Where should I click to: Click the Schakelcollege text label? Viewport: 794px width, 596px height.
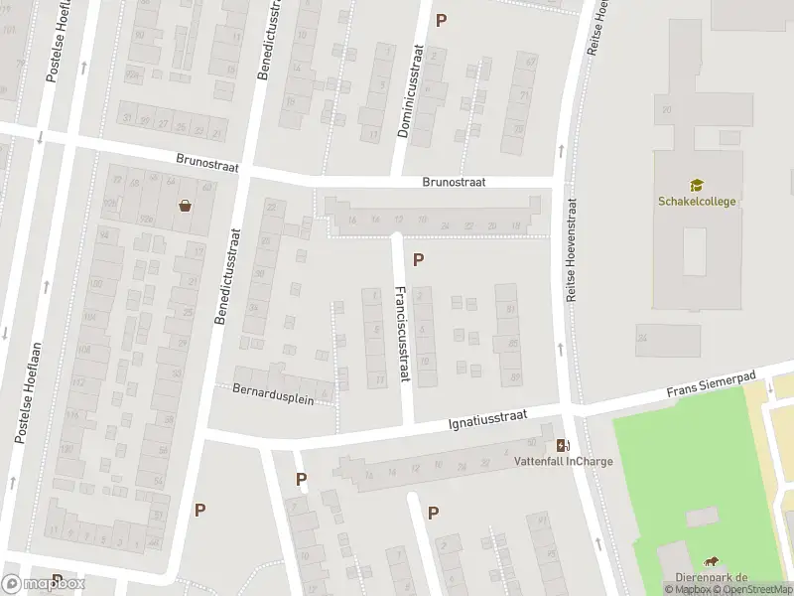click(x=697, y=201)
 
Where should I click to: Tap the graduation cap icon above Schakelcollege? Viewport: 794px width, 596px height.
click(x=697, y=185)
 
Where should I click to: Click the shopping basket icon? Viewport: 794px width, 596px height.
click(x=185, y=207)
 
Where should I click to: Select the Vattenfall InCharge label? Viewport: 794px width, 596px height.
click(x=563, y=461)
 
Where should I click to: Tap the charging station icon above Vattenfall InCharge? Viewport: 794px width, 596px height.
click(x=563, y=444)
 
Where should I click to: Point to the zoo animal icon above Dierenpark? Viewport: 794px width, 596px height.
click(x=711, y=562)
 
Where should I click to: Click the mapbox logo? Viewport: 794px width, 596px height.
click(x=43, y=584)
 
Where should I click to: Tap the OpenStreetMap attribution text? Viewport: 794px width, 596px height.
click(x=755, y=590)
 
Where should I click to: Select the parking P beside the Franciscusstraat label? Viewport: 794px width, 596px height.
click(x=419, y=260)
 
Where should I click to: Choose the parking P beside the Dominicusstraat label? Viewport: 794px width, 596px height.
click(x=442, y=20)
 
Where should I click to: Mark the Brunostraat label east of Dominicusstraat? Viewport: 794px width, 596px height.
click(x=454, y=182)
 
